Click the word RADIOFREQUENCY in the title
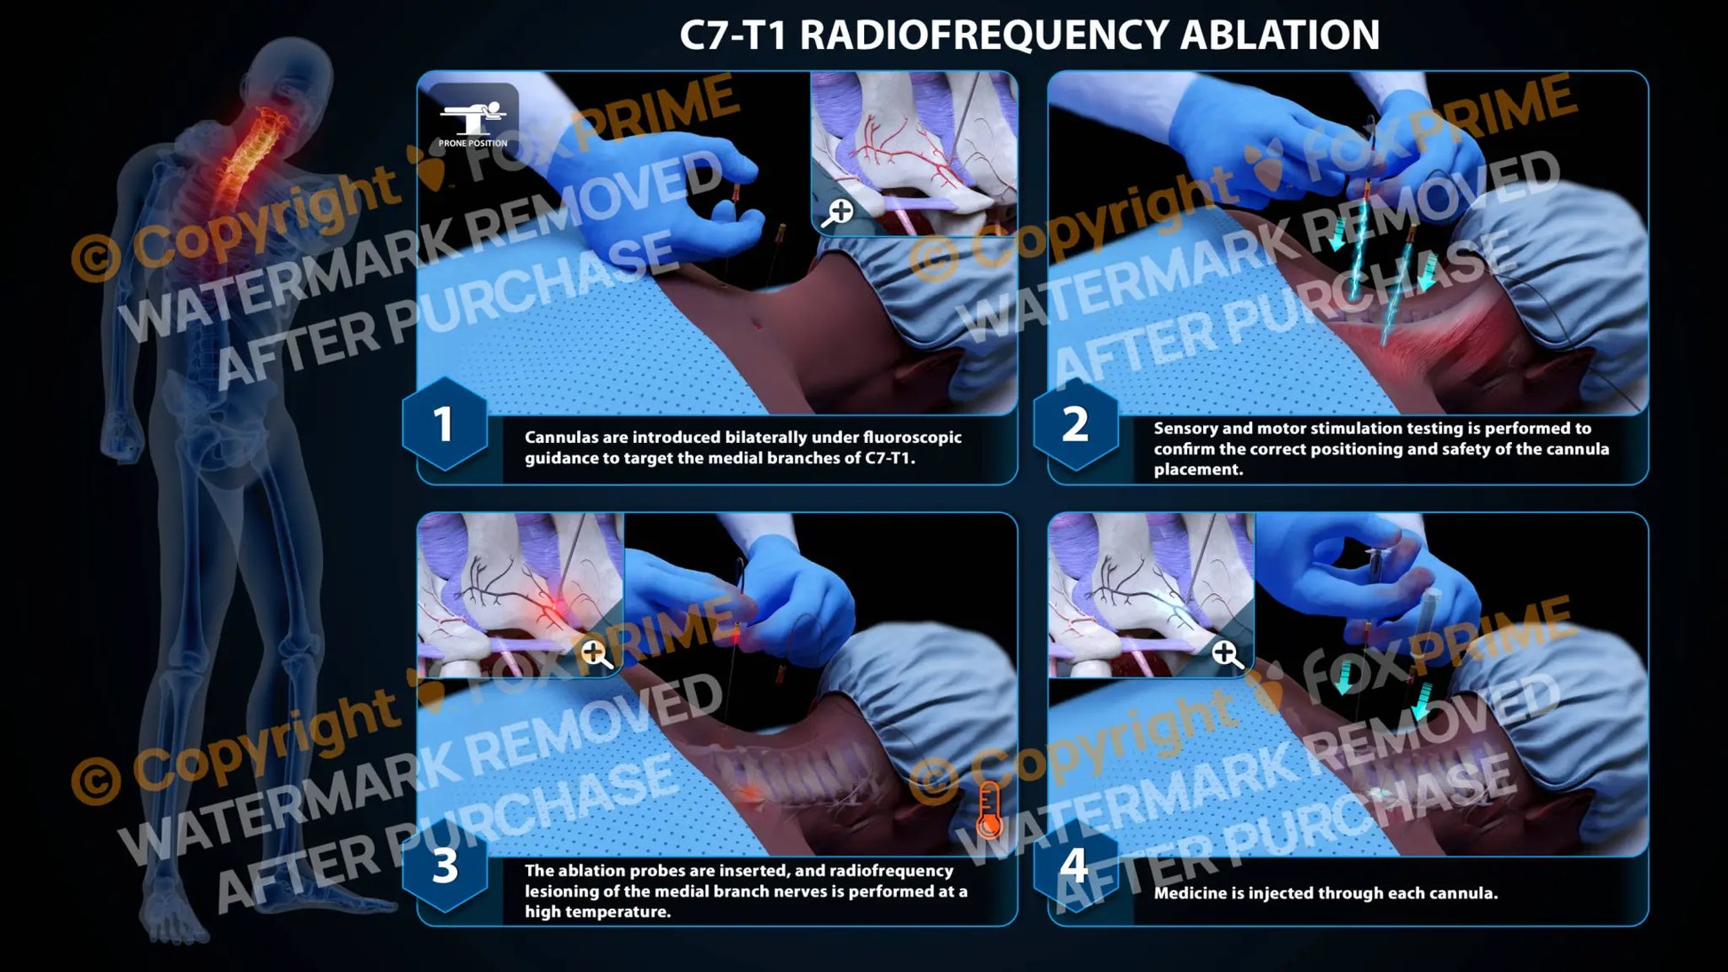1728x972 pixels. click(984, 36)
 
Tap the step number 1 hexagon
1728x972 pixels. click(444, 424)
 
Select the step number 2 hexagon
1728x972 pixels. click(1074, 424)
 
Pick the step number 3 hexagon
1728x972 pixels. click(444, 865)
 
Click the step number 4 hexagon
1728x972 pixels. click(1074, 865)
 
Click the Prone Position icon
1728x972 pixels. click(472, 119)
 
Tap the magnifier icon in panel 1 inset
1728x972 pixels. click(837, 213)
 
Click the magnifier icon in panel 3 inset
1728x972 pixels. click(596, 654)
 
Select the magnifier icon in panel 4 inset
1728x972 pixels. click(1226, 654)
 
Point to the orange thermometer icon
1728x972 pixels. click(988, 810)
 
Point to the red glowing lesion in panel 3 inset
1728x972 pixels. click(554, 606)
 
